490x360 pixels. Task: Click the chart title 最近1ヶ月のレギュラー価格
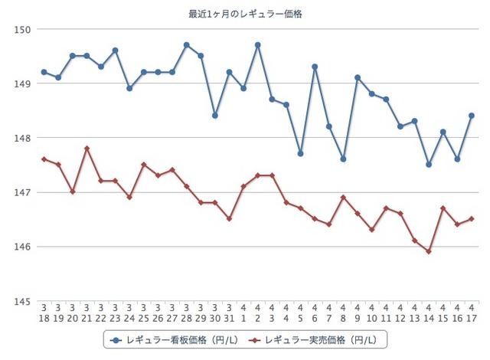[245, 14]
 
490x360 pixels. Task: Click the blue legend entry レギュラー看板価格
[172, 338]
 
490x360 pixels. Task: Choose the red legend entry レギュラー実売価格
[314, 338]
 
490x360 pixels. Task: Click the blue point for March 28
[186, 45]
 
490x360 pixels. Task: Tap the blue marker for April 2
[257, 45]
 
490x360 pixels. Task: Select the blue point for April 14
[429, 165]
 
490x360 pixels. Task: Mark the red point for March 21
[87, 149]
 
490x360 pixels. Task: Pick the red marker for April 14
[429, 251]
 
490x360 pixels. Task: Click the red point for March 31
[229, 219]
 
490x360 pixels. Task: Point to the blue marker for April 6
[315, 67]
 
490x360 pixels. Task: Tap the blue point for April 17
[472, 116]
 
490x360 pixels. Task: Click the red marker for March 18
[44, 159]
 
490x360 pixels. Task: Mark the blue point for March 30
[215, 116]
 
